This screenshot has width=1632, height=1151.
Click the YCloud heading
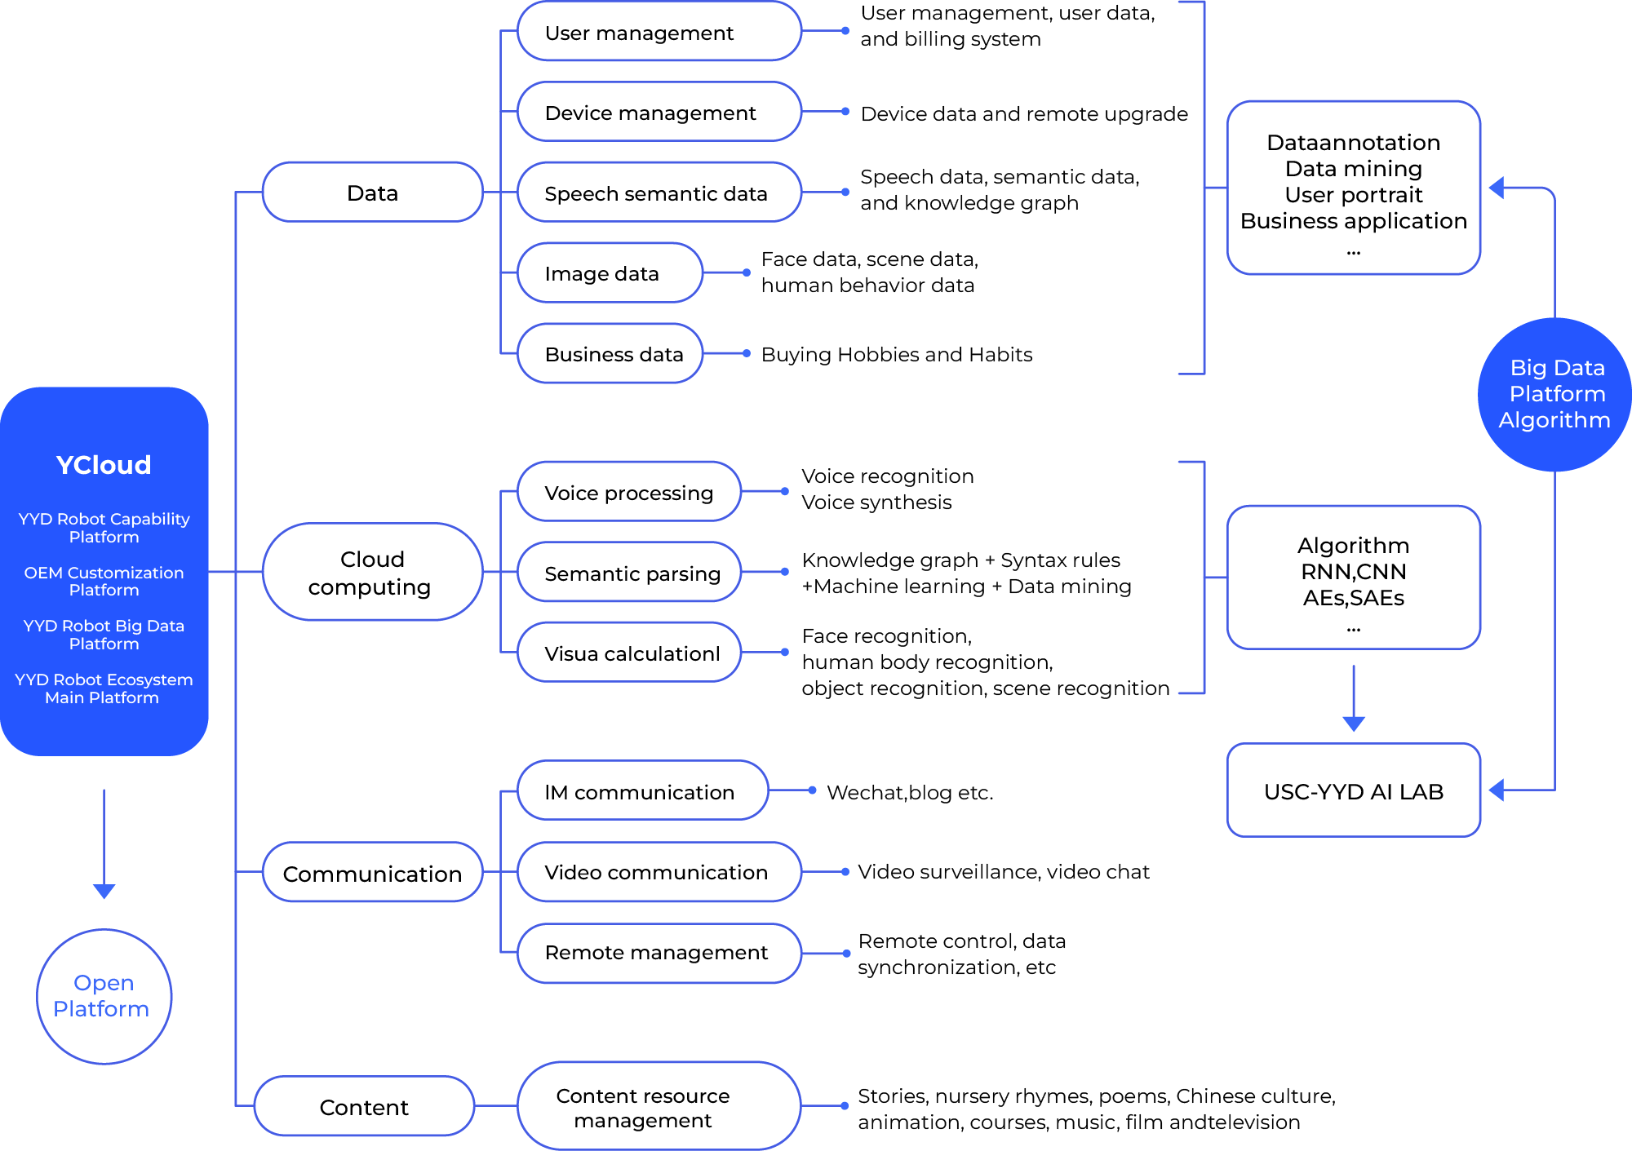click(104, 465)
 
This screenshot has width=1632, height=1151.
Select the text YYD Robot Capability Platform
click(104, 528)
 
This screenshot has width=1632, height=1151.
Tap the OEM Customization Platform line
click(104, 581)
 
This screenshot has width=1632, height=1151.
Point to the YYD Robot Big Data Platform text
click(104, 635)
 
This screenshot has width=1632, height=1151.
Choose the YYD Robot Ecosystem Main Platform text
click(104, 688)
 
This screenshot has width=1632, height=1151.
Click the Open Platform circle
click(104, 996)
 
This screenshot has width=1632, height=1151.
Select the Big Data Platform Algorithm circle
click(1554, 394)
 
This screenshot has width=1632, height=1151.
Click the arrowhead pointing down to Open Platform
click(104, 891)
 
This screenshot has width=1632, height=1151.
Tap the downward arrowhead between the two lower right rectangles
click(1354, 724)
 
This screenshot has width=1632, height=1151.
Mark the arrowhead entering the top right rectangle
click(1497, 188)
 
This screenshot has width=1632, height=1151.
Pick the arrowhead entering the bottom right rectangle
click(1497, 790)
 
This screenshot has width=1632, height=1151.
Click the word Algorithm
click(1554, 420)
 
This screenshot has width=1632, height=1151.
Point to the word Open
click(104, 983)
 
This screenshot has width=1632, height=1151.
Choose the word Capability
click(150, 519)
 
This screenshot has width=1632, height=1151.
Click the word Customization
click(126, 573)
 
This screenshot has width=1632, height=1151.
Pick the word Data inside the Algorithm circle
click(1581, 368)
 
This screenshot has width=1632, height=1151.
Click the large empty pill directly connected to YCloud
click(372, 572)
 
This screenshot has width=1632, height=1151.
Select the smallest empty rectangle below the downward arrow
click(1354, 790)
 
